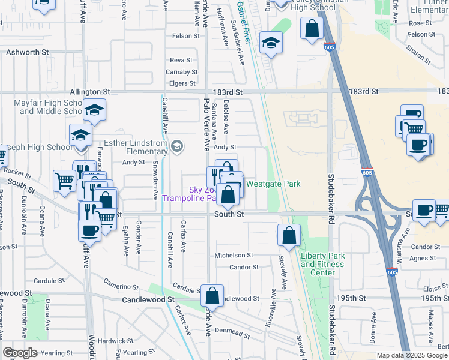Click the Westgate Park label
pos(273,184)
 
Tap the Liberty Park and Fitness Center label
pos(323,264)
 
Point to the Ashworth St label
pos(27,53)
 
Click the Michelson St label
pos(234,256)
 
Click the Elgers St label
pos(182,83)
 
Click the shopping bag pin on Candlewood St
pos(212,295)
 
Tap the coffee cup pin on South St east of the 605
pos(424,211)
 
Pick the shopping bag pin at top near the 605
pos(312,28)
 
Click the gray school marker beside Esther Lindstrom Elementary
pos(177,146)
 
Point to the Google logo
pos(20,353)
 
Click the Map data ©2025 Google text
pos(411,355)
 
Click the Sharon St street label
pos(418,54)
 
